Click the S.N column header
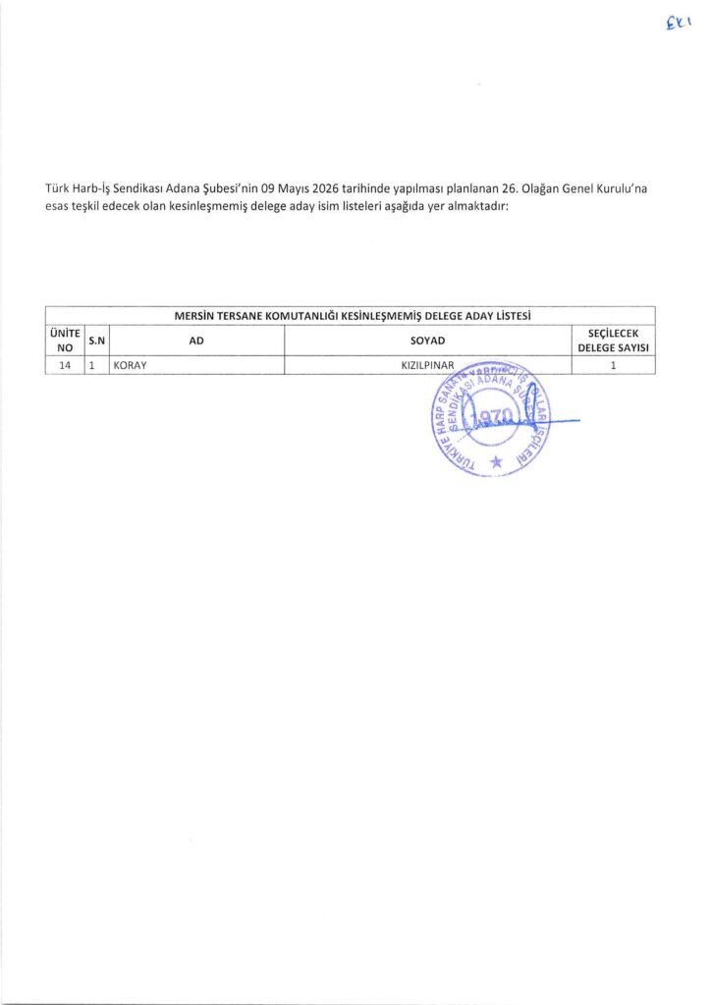coord(97,341)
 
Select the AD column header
coord(196,341)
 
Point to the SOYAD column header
coord(427,341)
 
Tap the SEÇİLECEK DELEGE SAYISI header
coord(613,340)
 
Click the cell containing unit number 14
coord(65,365)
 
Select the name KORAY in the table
coord(131,365)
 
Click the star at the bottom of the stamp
coord(496,460)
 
